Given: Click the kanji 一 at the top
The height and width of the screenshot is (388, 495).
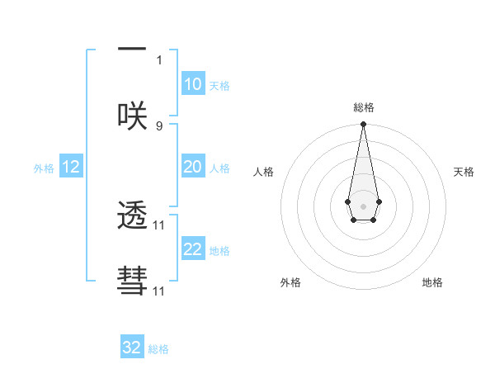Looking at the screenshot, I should [x=132, y=50].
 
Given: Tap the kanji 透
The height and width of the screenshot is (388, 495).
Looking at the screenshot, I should [x=132, y=216].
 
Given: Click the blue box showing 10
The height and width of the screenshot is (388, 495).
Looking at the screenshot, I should [x=192, y=84].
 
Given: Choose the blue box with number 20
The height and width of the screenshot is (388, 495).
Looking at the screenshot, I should [x=192, y=167].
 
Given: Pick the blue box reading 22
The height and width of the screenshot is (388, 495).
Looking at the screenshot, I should [x=192, y=249].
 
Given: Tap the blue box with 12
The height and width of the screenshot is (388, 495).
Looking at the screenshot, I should [x=71, y=167].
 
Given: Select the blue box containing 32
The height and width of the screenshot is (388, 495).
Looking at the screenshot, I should [x=132, y=348].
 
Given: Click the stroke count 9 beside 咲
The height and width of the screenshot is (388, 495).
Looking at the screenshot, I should [x=159, y=125].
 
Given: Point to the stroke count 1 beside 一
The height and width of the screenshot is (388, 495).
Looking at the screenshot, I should [x=159, y=60].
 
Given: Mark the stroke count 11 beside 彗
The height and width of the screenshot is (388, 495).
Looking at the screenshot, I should [x=159, y=291].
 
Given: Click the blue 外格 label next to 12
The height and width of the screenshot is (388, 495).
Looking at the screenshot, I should [x=44, y=168].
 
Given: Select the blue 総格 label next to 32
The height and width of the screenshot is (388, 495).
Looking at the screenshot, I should [x=158, y=349].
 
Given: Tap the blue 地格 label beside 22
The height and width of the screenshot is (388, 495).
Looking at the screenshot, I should [x=219, y=251].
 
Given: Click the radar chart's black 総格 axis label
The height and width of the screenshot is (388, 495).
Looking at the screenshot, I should [x=363, y=108].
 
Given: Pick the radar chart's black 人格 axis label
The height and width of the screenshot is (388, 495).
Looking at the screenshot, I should [x=264, y=172].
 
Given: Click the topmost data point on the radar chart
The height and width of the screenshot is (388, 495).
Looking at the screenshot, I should [x=363, y=125].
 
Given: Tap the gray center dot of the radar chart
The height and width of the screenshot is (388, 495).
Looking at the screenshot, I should [x=363, y=205].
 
